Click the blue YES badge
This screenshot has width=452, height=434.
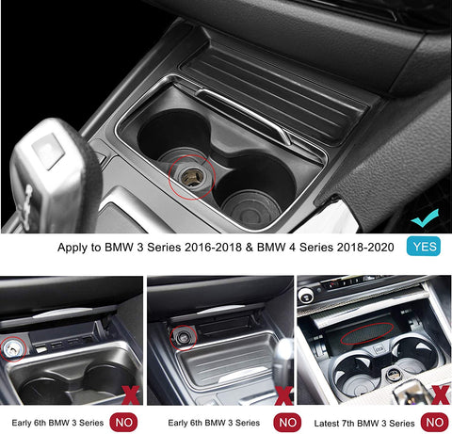pyautogui.click(x=424, y=247)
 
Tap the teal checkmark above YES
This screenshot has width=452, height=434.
pyautogui.click(x=424, y=218)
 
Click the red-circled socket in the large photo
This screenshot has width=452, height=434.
pyautogui.click(x=192, y=176)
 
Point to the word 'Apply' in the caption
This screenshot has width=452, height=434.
pyautogui.click(x=73, y=248)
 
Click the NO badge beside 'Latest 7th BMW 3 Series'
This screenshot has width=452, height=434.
pyautogui.click(x=435, y=423)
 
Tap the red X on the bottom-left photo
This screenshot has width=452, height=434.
pyautogui.click(x=131, y=395)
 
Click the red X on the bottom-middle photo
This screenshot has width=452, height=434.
pyautogui.click(x=283, y=395)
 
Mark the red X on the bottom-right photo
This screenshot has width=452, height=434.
pyautogui.click(x=441, y=394)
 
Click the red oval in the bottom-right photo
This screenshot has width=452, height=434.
pyautogui.click(x=367, y=334)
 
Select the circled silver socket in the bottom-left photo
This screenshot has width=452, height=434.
pyautogui.click(x=12, y=349)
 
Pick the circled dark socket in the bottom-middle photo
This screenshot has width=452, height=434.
pyautogui.click(x=183, y=338)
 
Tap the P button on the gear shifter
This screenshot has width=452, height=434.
pyautogui.click(x=48, y=151)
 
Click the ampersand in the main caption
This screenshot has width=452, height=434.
pyautogui.click(x=250, y=248)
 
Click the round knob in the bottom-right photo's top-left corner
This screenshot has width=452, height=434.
pyautogui.click(x=305, y=296)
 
